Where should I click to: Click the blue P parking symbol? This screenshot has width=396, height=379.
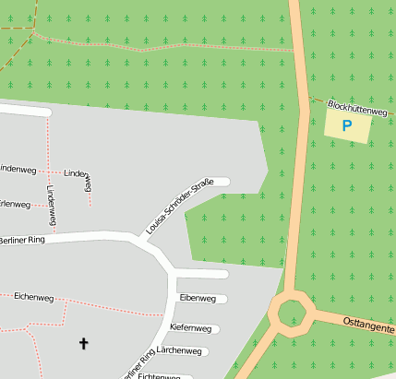[347, 126]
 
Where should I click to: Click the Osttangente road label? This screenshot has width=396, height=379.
[368, 327]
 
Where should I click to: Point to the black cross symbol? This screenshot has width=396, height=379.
[84, 344]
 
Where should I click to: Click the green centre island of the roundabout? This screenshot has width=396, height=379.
[292, 312]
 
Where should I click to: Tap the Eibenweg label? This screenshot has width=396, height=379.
[198, 299]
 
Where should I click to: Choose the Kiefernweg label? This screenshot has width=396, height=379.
[191, 328]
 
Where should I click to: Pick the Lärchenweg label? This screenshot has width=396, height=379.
[179, 351]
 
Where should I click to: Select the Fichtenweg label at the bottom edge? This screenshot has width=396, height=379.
[159, 375]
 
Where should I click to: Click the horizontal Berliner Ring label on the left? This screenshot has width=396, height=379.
[21, 240]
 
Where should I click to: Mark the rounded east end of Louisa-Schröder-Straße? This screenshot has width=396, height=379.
[225, 182]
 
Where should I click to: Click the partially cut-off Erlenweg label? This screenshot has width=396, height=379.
[16, 204]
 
